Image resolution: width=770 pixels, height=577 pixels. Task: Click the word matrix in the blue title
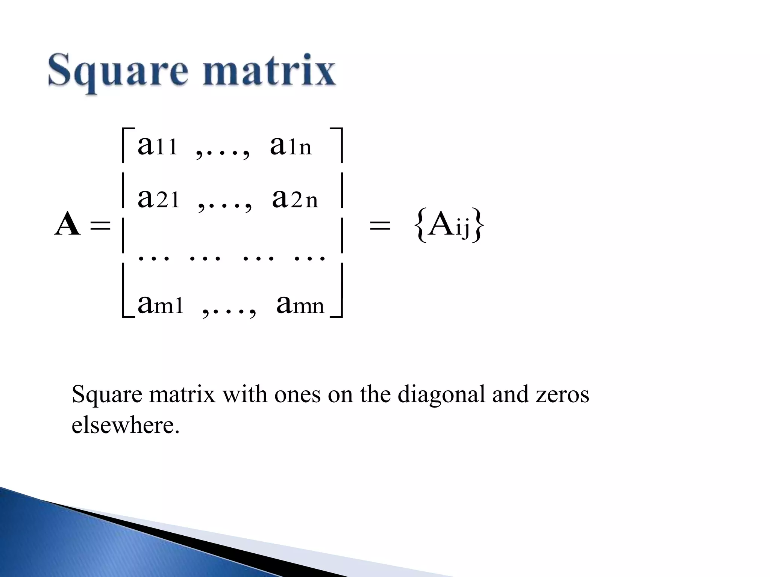[268, 70]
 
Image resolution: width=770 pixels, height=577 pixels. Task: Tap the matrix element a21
[158, 198]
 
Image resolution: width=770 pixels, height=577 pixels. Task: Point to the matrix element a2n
[295, 198]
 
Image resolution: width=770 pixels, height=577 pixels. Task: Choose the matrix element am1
[160, 304]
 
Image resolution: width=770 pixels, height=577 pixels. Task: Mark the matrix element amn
[300, 304]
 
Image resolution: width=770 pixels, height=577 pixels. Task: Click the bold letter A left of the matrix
[68, 224]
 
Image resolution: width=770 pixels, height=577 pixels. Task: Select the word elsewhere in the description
[126, 425]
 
